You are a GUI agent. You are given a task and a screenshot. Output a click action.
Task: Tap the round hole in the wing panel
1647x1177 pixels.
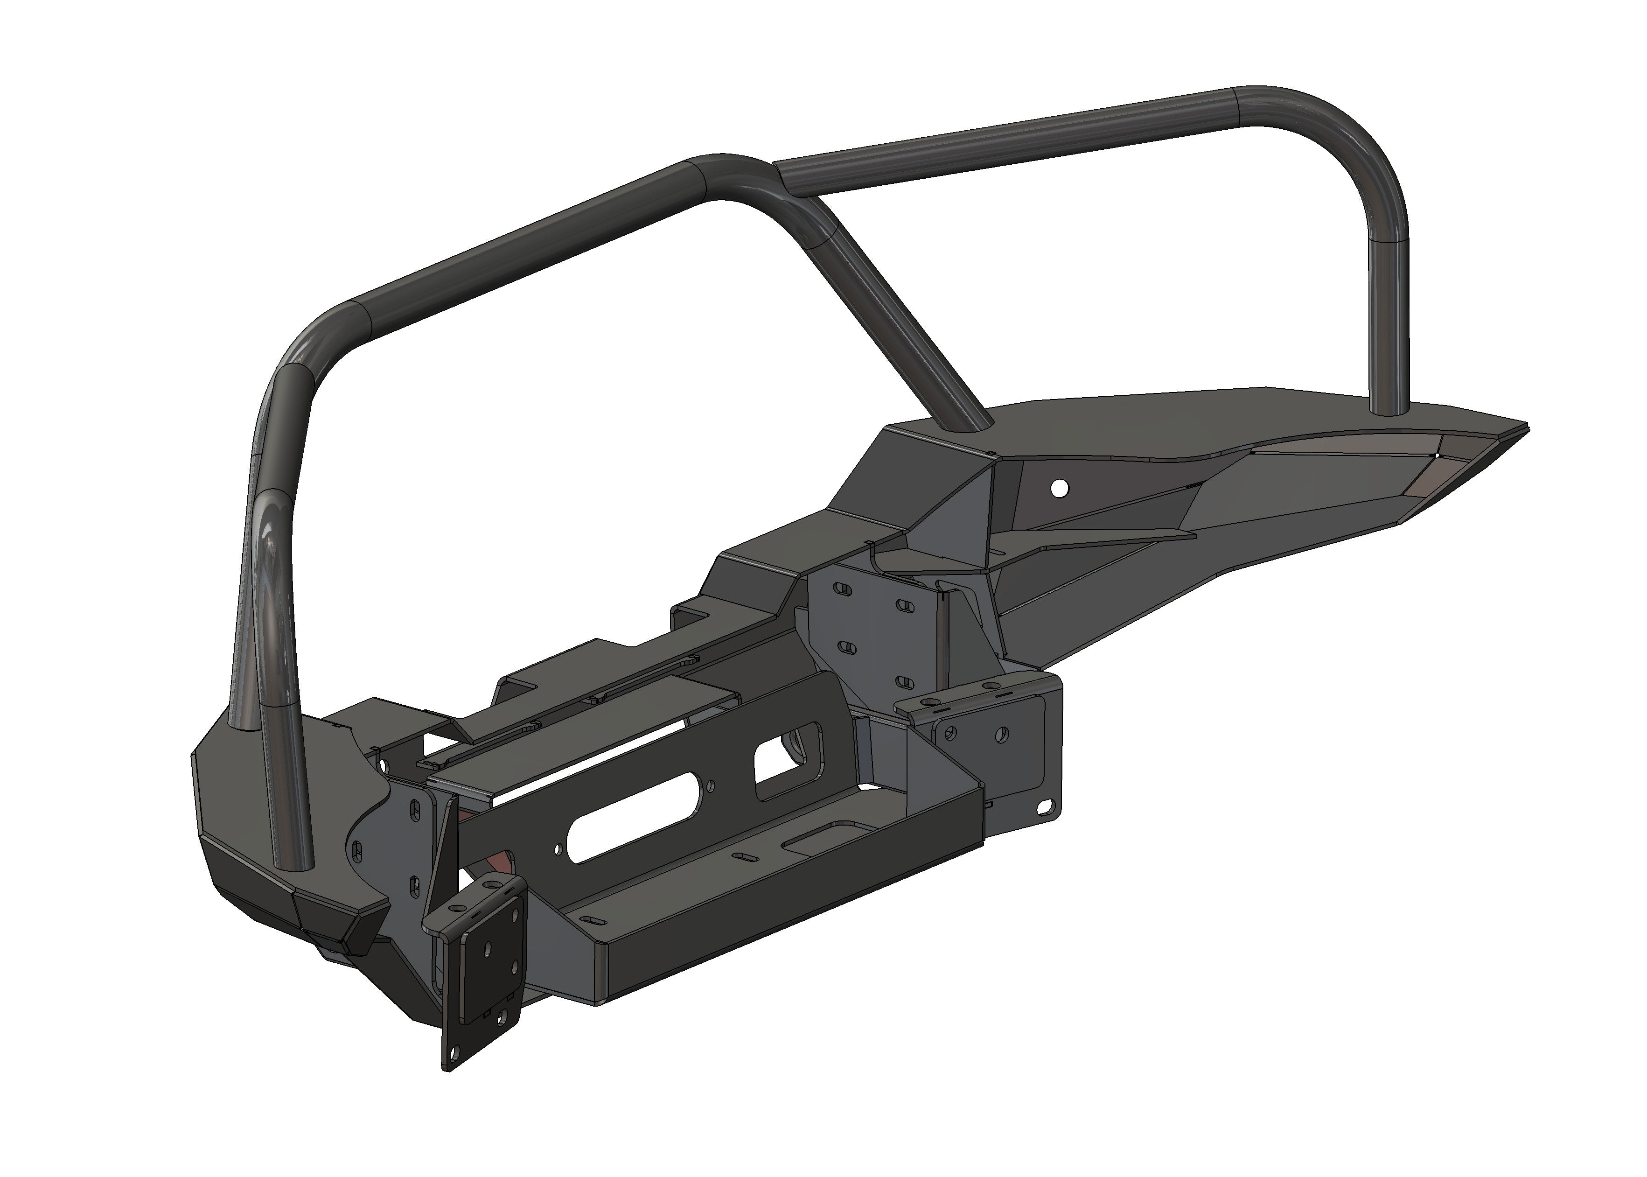pyautogui.click(x=1060, y=488)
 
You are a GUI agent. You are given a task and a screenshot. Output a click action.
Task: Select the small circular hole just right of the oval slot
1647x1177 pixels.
pyautogui.click(x=712, y=784)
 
